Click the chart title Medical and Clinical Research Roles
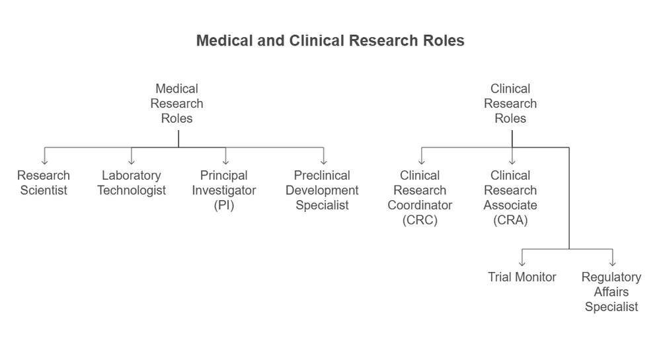330,41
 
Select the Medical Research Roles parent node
176,104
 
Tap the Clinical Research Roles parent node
510,104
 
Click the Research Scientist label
43,183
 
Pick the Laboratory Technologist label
131,183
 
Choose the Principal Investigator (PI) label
224,190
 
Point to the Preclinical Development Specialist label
322,190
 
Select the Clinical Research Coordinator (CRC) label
420,198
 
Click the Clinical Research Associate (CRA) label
510,198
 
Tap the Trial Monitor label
522,277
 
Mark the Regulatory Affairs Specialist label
611,292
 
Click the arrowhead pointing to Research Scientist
44,161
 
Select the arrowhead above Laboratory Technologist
132,161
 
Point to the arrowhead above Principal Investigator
225,161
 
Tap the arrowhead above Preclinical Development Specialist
323,161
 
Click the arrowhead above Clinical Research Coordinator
421,161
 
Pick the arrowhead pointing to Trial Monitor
523,262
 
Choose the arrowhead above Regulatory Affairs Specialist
613,262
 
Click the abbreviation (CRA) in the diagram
510,221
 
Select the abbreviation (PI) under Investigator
224,205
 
